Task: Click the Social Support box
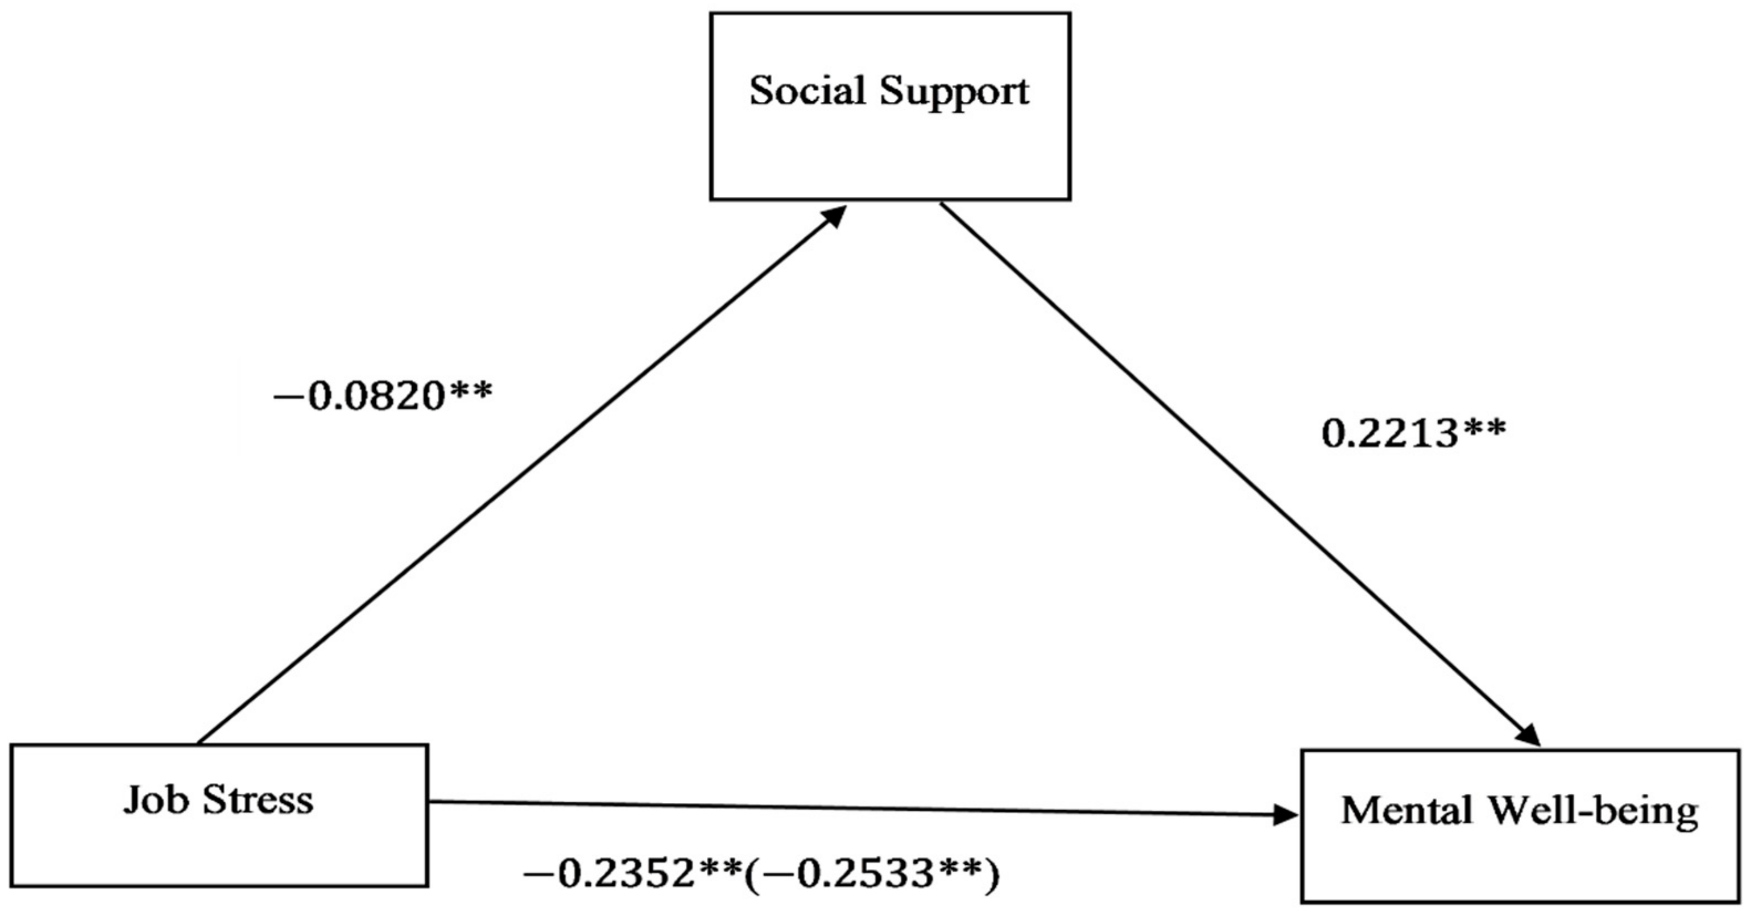tap(890, 149)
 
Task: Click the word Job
tap(156, 801)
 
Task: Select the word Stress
tap(258, 801)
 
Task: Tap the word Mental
tap(1406, 811)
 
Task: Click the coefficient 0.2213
tap(1390, 434)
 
